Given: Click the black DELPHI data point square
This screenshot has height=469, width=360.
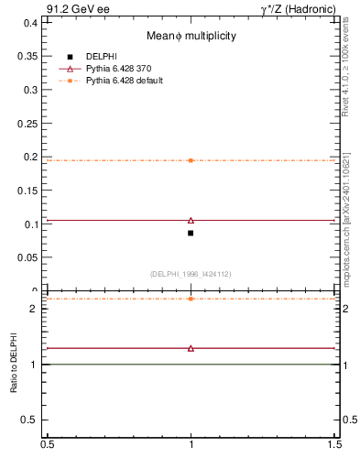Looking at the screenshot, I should (191, 233).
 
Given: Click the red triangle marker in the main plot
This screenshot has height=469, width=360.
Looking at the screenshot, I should (191, 220).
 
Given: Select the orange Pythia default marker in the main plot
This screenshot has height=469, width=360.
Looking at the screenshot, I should (191, 160).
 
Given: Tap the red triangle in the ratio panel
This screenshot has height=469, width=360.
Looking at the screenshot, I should (191, 348).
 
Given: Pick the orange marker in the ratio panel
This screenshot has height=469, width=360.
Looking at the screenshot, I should (191, 299).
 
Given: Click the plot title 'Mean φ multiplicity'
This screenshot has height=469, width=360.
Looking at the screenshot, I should (191, 36).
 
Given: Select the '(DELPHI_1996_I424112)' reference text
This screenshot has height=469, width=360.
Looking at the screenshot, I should (190, 274).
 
